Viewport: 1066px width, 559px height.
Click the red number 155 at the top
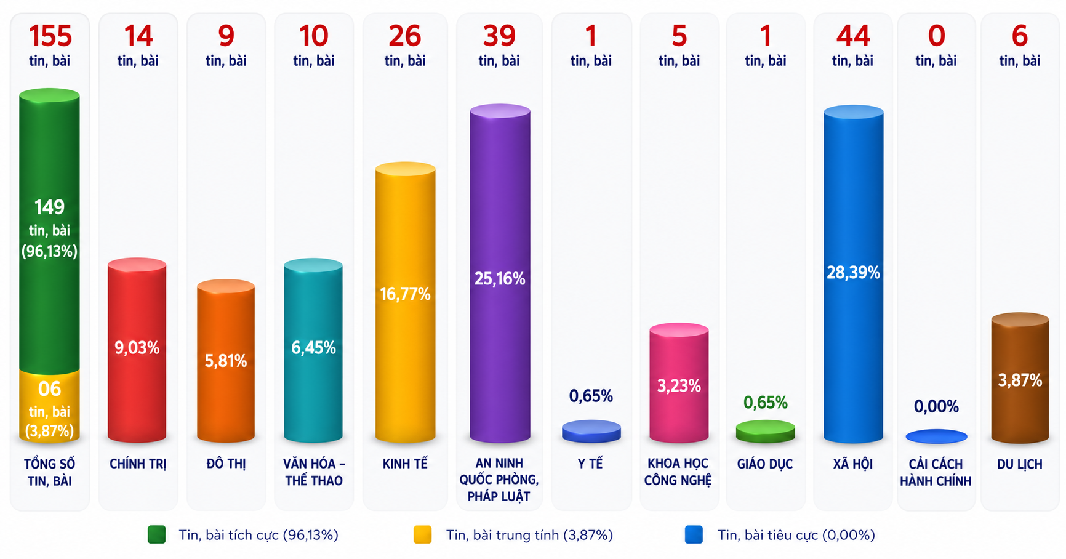(x=50, y=36)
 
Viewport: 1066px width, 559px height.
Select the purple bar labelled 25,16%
(x=500, y=274)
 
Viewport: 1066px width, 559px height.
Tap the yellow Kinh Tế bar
(x=405, y=302)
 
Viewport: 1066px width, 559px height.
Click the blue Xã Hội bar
(x=853, y=274)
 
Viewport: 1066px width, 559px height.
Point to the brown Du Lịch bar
(x=1019, y=378)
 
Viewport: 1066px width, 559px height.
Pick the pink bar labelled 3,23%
(x=679, y=383)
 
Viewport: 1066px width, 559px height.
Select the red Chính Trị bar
(x=137, y=350)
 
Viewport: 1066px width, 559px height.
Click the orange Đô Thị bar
(x=225, y=361)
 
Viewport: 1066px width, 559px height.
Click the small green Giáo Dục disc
(x=765, y=432)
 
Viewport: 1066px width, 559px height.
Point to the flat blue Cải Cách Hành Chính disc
(x=936, y=436)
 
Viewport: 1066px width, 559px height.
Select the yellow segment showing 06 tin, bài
(x=49, y=407)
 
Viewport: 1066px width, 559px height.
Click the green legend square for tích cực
(x=157, y=534)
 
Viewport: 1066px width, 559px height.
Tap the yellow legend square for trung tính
(x=422, y=534)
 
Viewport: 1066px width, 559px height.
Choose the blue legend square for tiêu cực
(x=694, y=534)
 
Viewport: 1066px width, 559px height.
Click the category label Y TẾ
(x=590, y=464)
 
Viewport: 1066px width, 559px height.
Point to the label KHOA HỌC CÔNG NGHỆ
(x=678, y=472)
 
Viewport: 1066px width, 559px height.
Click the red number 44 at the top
(x=853, y=36)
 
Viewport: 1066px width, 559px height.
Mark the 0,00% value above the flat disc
(x=936, y=406)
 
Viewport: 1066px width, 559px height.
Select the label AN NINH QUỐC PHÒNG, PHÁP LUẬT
(x=499, y=480)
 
